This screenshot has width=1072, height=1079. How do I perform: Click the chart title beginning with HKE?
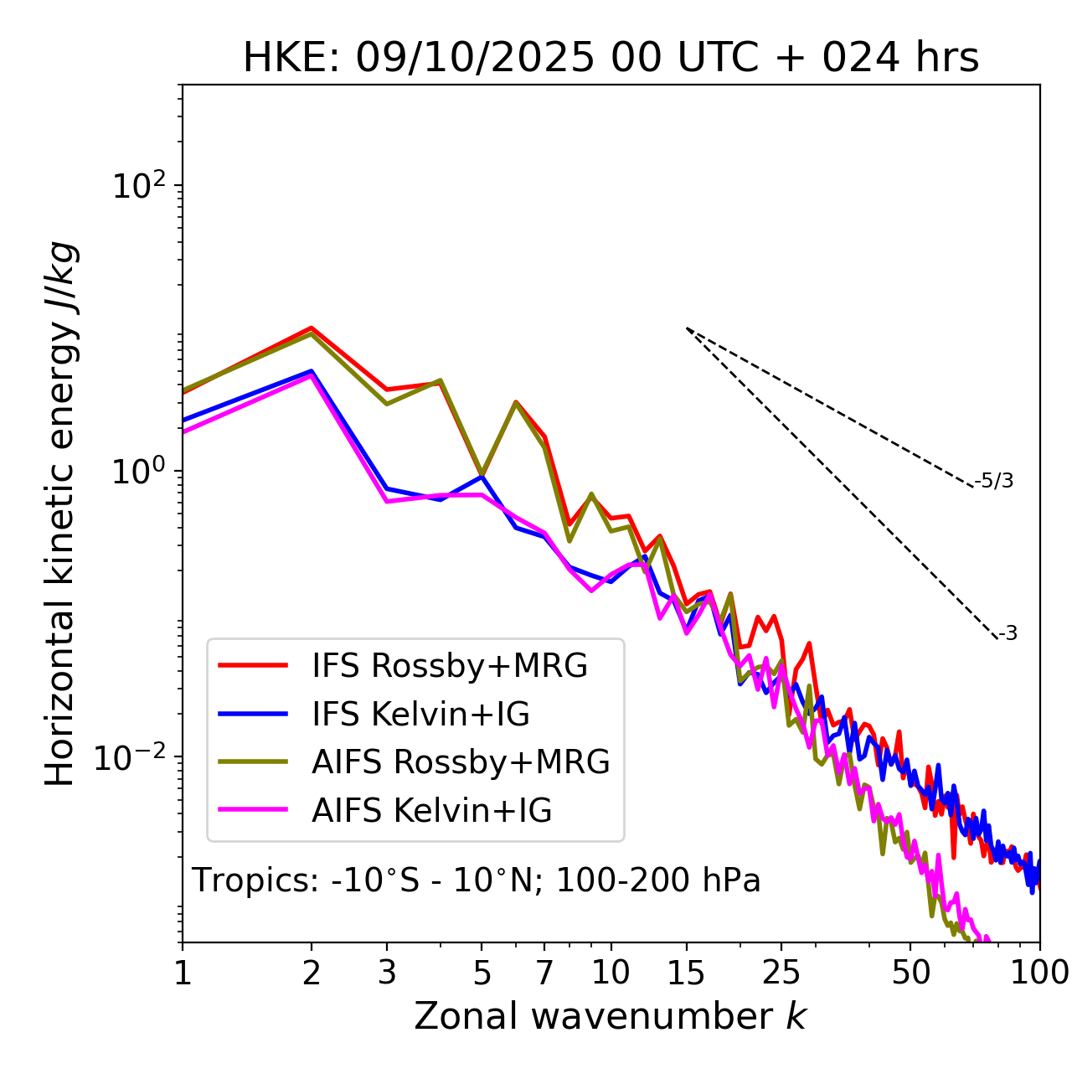[x=611, y=59]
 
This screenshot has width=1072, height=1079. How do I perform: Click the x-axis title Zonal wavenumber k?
[x=610, y=1016]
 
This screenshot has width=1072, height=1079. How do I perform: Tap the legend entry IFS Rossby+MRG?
[x=449, y=666]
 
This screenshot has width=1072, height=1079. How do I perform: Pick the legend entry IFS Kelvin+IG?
[x=420, y=715]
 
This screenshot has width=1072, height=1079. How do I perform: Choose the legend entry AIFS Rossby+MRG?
[x=460, y=762]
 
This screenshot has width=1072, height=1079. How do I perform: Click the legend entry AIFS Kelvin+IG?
[x=431, y=811]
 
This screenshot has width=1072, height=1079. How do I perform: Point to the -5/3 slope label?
[x=994, y=481]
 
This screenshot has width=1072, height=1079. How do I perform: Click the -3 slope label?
[x=1008, y=633]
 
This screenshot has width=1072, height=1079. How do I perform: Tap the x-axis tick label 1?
[x=183, y=973]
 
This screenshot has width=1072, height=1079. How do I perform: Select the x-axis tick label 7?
[x=544, y=973]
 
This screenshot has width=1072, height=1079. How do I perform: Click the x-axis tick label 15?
[x=687, y=973]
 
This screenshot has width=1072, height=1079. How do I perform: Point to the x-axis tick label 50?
[x=911, y=973]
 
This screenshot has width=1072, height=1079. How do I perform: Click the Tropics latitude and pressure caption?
[x=476, y=880]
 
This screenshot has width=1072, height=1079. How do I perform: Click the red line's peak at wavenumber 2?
[x=312, y=328]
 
